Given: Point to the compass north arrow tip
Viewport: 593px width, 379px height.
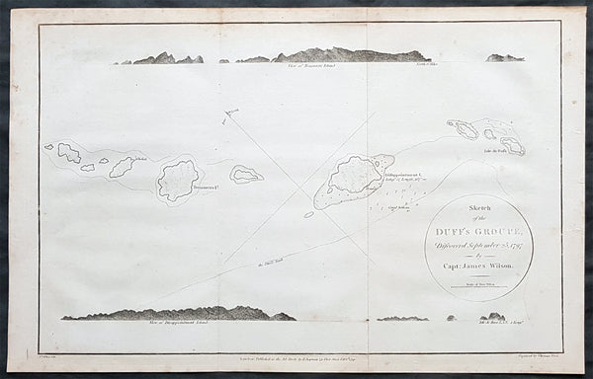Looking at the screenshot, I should [226, 113].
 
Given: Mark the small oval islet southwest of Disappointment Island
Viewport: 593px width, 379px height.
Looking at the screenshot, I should [308, 214].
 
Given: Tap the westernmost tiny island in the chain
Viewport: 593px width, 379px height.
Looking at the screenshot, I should [48, 147].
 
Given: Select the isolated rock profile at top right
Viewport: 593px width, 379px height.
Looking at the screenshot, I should [504, 57].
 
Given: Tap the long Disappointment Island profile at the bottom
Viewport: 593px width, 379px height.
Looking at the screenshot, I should [178, 314].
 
